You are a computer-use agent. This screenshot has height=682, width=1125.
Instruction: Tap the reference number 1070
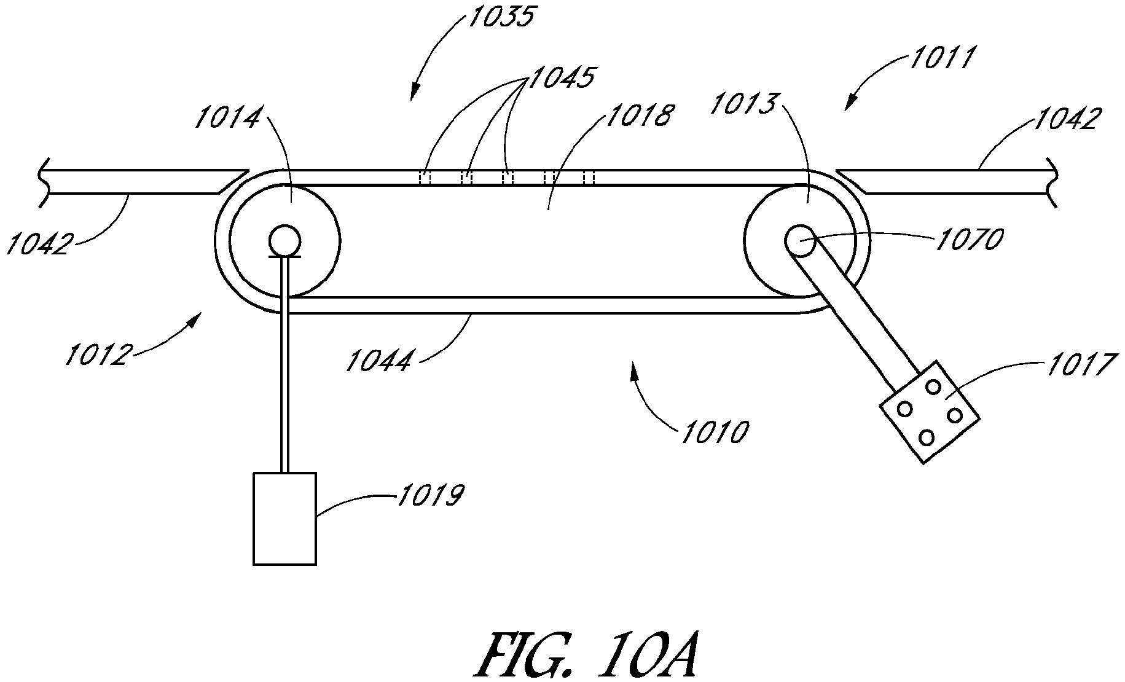pyautogui.click(x=970, y=239)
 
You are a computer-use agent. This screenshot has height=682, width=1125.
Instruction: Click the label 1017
pyautogui.click(x=1079, y=364)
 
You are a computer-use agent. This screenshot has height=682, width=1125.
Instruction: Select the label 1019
pyautogui.click(x=431, y=495)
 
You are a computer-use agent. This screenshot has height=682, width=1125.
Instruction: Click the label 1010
pyautogui.click(x=714, y=432)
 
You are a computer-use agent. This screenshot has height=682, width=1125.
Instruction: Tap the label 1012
pyautogui.click(x=98, y=355)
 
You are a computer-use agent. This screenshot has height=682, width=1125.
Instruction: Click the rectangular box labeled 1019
pyautogui.click(x=285, y=519)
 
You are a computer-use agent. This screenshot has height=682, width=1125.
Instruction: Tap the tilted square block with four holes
pyautogui.click(x=929, y=412)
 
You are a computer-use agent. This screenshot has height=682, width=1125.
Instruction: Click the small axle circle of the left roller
pyautogui.click(x=284, y=238)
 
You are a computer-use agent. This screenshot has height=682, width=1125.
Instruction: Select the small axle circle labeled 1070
pyautogui.click(x=800, y=240)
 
